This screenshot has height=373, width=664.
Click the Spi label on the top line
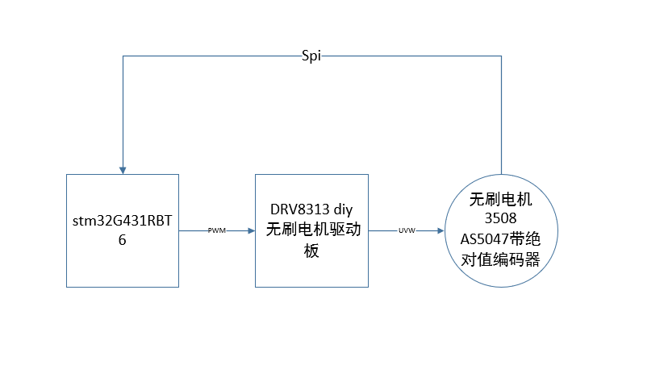[311, 56]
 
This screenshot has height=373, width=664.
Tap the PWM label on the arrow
[216, 230]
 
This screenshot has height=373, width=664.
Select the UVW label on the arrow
[407, 230]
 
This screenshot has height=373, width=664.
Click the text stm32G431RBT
[123, 221]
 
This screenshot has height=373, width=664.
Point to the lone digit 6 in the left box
[123, 240]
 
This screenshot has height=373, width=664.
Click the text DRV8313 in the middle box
[300, 209]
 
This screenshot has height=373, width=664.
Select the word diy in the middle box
[344, 209]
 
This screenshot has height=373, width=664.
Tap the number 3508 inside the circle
[500, 218]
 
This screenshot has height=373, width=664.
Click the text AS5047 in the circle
[484, 239]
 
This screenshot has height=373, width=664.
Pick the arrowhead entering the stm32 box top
[123, 171]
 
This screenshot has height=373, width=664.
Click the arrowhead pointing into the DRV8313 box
[252, 231]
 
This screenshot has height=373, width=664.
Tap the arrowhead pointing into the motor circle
[441, 231]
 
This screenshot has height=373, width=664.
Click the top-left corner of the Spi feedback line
[123, 56]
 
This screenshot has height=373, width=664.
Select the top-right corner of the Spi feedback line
[501, 56]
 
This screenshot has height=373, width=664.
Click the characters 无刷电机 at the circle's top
[500, 199]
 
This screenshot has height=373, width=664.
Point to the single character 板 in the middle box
[311, 251]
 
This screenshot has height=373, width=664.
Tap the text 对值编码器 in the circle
[500, 259]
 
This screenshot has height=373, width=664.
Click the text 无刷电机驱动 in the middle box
[313, 230]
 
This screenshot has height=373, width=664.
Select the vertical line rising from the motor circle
[501, 115]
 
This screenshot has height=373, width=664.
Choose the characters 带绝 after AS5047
[525, 239]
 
